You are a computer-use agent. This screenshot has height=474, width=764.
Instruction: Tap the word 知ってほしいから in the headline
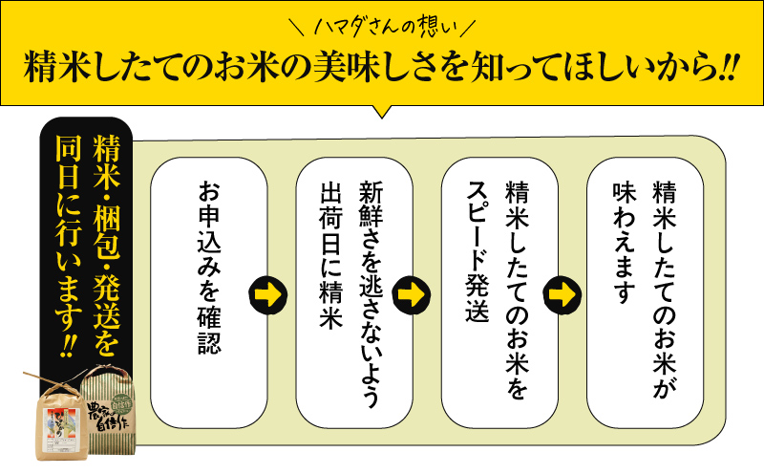pyautogui.click(x=592, y=67)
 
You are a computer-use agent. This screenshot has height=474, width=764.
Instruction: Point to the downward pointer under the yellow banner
pyautogui.click(x=383, y=111)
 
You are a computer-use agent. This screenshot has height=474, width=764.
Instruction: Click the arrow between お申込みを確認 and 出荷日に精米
pyautogui.click(x=267, y=294)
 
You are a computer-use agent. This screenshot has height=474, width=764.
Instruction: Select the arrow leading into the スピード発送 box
pyautogui.click(x=412, y=294)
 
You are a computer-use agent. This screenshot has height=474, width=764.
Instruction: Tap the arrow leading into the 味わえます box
pyautogui.click(x=562, y=294)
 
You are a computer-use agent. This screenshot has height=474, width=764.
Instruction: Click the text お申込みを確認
pyautogui.click(x=209, y=268)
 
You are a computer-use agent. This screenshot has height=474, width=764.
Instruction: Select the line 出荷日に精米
pyautogui.click(x=330, y=255)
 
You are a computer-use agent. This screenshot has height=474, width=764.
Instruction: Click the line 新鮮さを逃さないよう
pyautogui.click(x=371, y=293)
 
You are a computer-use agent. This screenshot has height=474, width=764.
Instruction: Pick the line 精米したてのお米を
pyautogui.click(x=517, y=291)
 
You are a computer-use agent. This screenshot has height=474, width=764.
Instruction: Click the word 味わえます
pyautogui.click(x=625, y=243)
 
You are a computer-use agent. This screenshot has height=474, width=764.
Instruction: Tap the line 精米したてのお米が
pyautogui.click(x=665, y=291)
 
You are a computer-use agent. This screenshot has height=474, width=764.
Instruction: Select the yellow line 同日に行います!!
pyautogui.click(x=69, y=247)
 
